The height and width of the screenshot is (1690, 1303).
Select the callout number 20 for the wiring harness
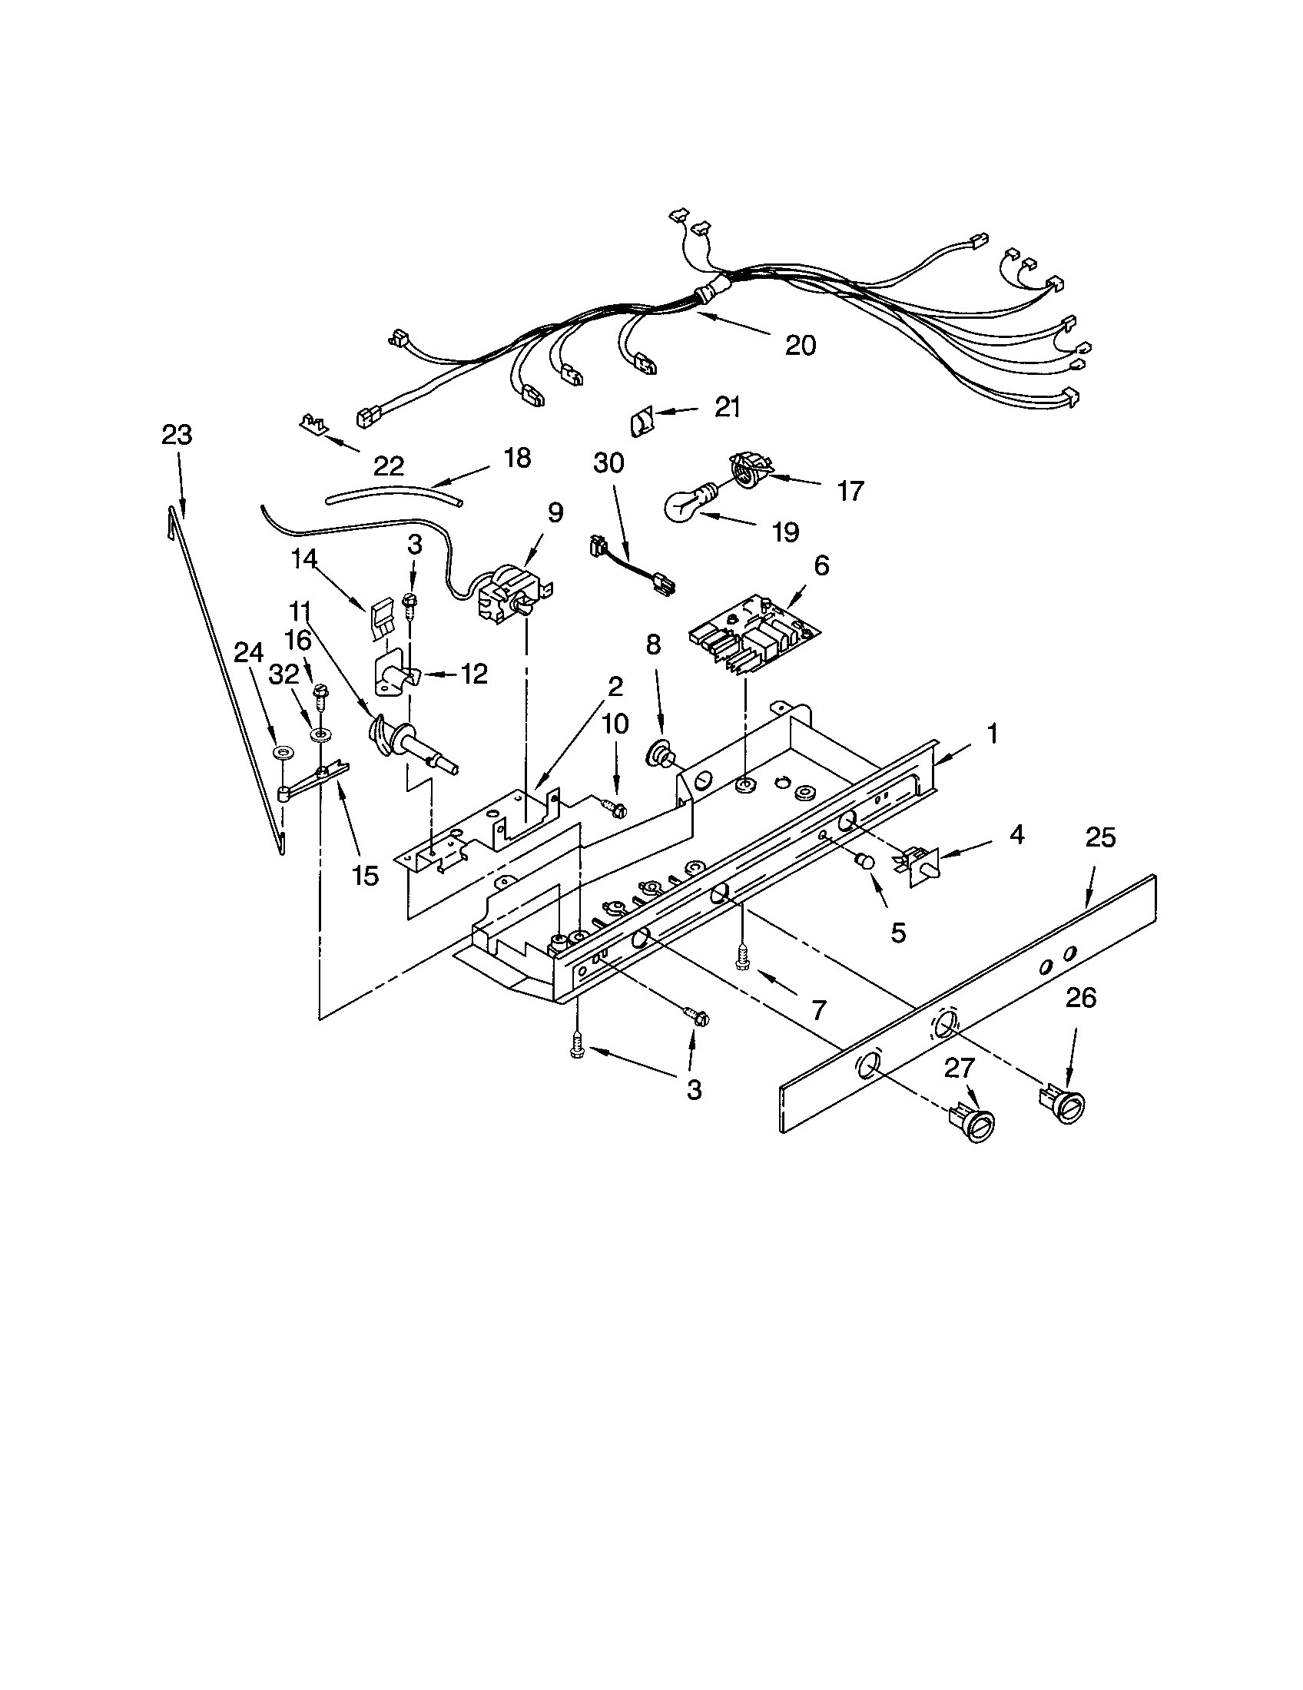coord(800,346)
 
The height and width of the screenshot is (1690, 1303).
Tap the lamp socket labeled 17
coord(750,471)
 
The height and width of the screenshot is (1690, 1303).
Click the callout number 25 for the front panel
coord(1100,837)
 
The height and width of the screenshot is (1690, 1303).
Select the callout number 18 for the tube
coord(517,458)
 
